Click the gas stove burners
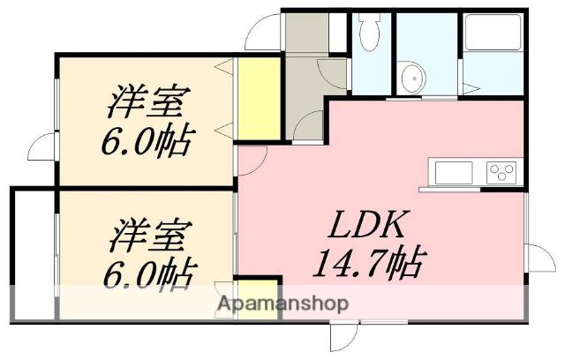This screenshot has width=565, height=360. (x=501, y=170)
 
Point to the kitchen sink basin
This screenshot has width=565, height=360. (x=452, y=170)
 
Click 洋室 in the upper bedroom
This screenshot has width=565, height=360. (x=148, y=103)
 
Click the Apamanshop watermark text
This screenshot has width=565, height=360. (x=282, y=303)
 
